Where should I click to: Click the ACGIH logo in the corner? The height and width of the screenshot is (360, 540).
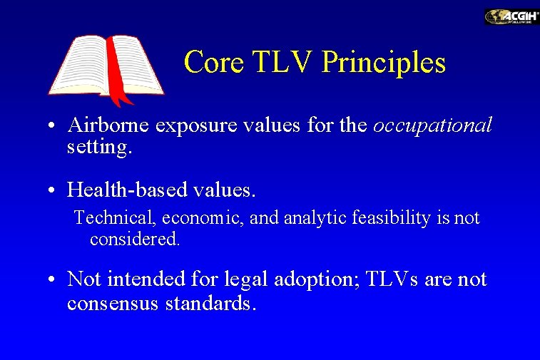[511, 17]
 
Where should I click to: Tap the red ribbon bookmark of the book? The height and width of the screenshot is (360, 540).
[116, 71]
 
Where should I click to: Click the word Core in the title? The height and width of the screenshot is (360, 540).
[213, 63]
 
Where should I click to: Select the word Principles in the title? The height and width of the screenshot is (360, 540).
[384, 63]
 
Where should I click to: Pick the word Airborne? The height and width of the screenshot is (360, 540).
[108, 126]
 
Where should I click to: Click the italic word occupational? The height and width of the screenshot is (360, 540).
[432, 126]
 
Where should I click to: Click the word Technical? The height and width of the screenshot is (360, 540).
[109, 218]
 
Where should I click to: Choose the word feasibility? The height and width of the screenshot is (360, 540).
[385, 218]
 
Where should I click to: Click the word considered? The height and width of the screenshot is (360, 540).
[135, 239]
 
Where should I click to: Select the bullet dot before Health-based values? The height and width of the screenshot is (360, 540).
[54, 191]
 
